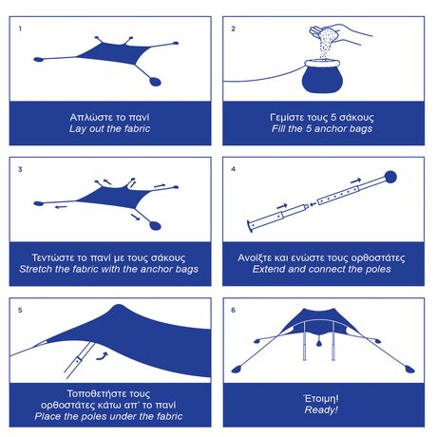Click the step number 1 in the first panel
[20, 28]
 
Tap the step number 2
[234, 28]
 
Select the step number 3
[20, 169]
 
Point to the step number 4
[234, 169]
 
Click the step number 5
[20, 310]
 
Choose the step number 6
[234, 310]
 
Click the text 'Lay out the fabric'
[110, 128]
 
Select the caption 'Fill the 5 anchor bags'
[322, 128]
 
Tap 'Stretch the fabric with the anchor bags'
[110, 269]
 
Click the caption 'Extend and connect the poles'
[322, 269]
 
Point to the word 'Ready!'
[322, 409]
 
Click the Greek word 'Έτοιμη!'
[322, 396]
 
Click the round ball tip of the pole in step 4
[389, 177]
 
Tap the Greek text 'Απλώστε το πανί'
[110, 115]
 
